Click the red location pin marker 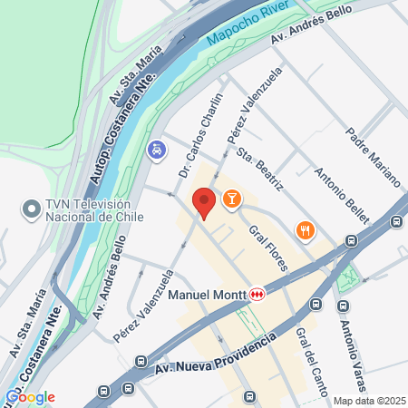tap(204, 202)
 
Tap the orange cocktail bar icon tap(232, 198)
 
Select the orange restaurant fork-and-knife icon tap(306, 231)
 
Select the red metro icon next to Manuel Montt tap(257, 294)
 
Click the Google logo tap(30, 396)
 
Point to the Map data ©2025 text tap(369, 401)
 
